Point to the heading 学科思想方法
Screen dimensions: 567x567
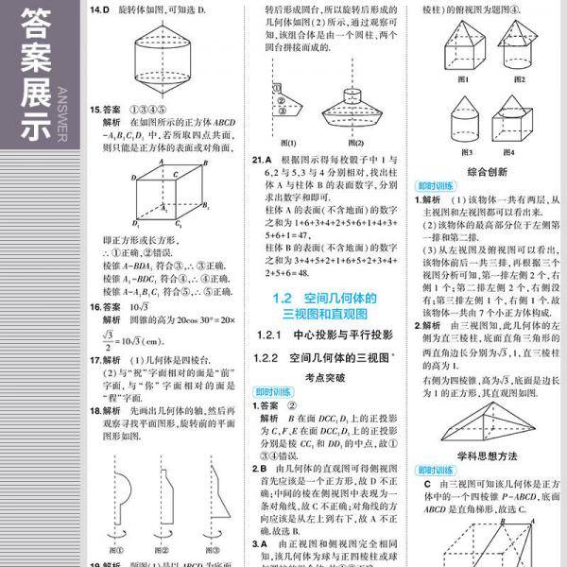pyautogui.click(x=487, y=455)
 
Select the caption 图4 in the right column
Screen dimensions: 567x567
pyautogui.click(x=508, y=152)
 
